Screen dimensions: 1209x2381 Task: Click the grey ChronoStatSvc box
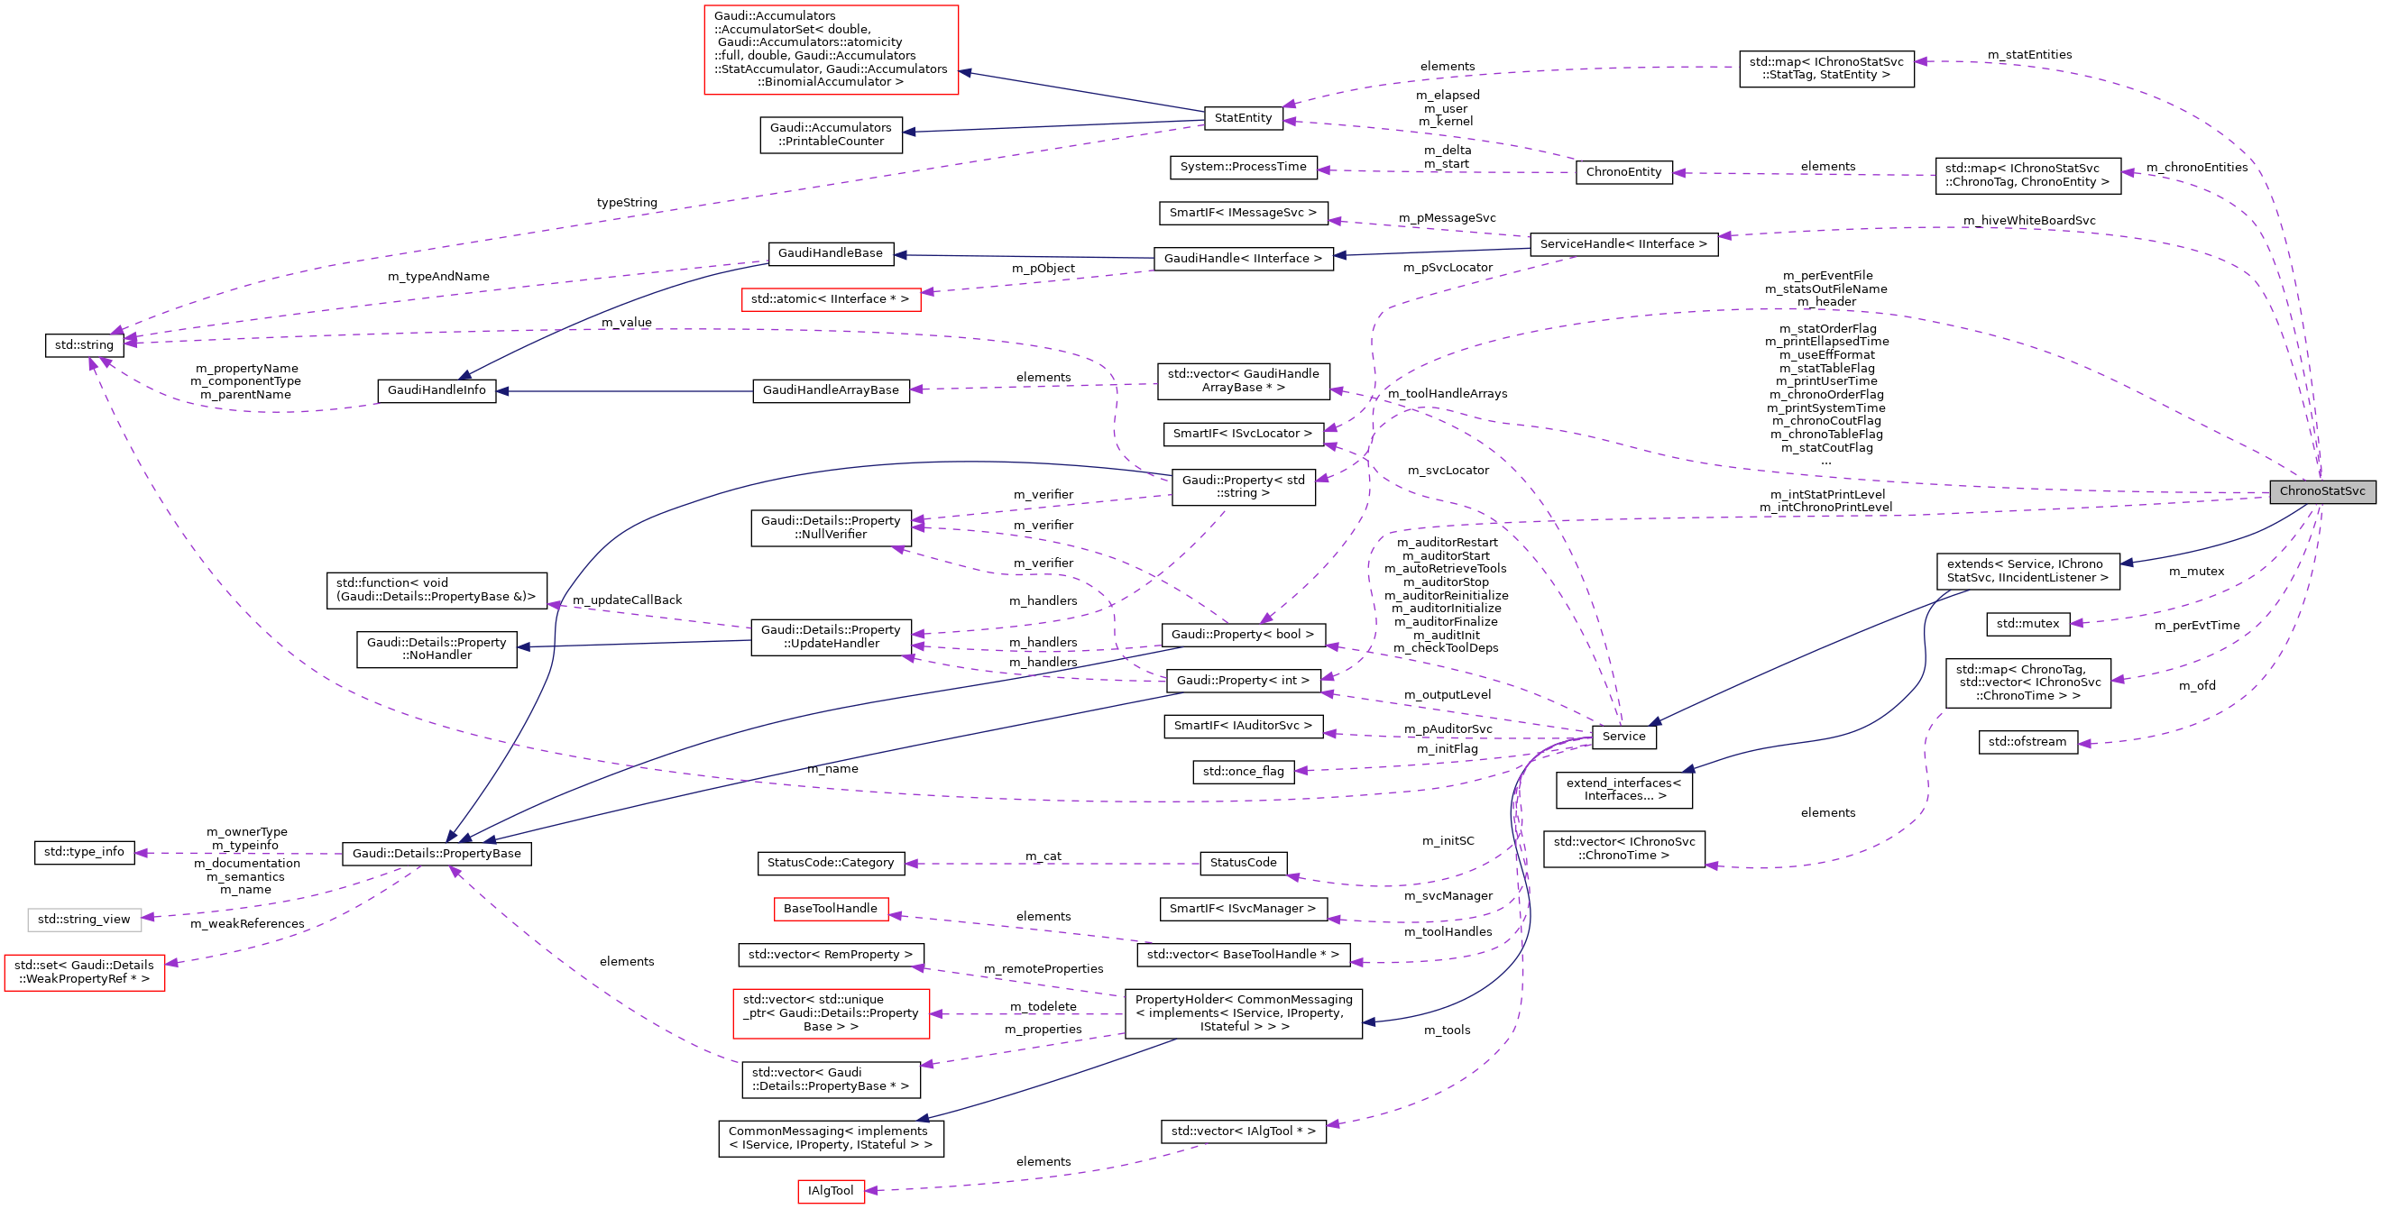click(2321, 490)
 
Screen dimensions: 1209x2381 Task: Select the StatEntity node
click(1243, 118)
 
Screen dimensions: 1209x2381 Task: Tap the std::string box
click(84, 345)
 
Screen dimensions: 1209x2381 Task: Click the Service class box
click(1623, 737)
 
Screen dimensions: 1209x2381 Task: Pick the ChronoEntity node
click(1623, 172)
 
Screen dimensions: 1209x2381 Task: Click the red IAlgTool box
click(830, 1192)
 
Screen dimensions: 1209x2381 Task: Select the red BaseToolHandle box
click(830, 909)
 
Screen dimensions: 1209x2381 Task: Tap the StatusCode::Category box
click(830, 864)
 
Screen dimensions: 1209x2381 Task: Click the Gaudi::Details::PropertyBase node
click(437, 854)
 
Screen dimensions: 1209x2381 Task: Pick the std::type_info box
click(84, 852)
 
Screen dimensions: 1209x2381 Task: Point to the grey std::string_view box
click(84, 920)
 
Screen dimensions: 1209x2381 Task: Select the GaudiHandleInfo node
click(437, 391)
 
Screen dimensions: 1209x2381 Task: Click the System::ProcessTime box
click(1243, 168)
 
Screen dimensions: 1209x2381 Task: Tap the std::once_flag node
click(1243, 772)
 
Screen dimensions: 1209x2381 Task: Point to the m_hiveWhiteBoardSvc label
click(2029, 221)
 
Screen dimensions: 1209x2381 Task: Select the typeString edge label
click(627, 204)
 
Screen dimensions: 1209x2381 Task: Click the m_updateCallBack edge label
click(627, 600)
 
